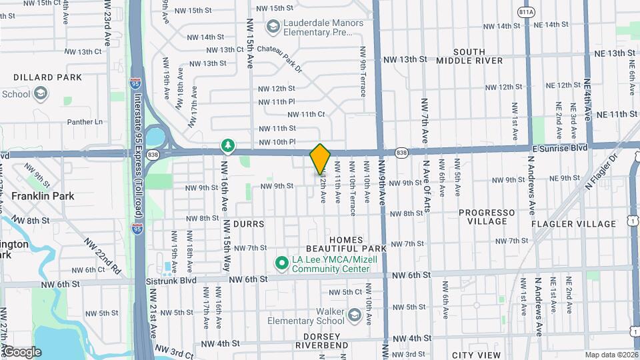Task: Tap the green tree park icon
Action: click(x=228, y=145)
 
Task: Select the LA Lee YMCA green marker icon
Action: click(x=282, y=264)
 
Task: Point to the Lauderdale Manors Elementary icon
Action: click(x=272, y=27)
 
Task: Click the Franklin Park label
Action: click(x=41, y=197)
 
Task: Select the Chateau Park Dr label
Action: click(x=275, y=50)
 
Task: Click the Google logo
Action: click(x=21, y=351)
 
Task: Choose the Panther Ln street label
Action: click(x=85, y=122)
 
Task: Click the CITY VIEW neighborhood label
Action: click(x=475, y=355)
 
